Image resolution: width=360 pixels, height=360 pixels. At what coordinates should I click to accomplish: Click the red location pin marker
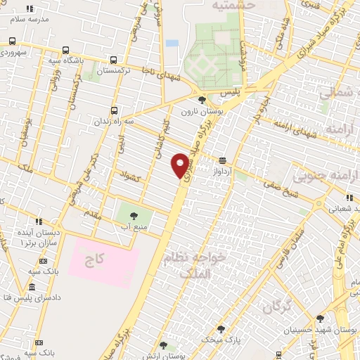(181, 165)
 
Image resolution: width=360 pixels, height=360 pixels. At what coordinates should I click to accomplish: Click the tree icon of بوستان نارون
(202, 99)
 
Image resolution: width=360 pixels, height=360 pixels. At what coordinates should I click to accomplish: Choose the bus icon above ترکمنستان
(112, 60)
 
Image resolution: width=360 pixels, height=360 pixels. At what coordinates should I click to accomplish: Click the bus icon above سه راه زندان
(115, 110)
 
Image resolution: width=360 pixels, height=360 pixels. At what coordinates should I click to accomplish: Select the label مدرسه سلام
(29, 19)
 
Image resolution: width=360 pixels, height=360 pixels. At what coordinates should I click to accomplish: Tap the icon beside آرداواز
(222, 160)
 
